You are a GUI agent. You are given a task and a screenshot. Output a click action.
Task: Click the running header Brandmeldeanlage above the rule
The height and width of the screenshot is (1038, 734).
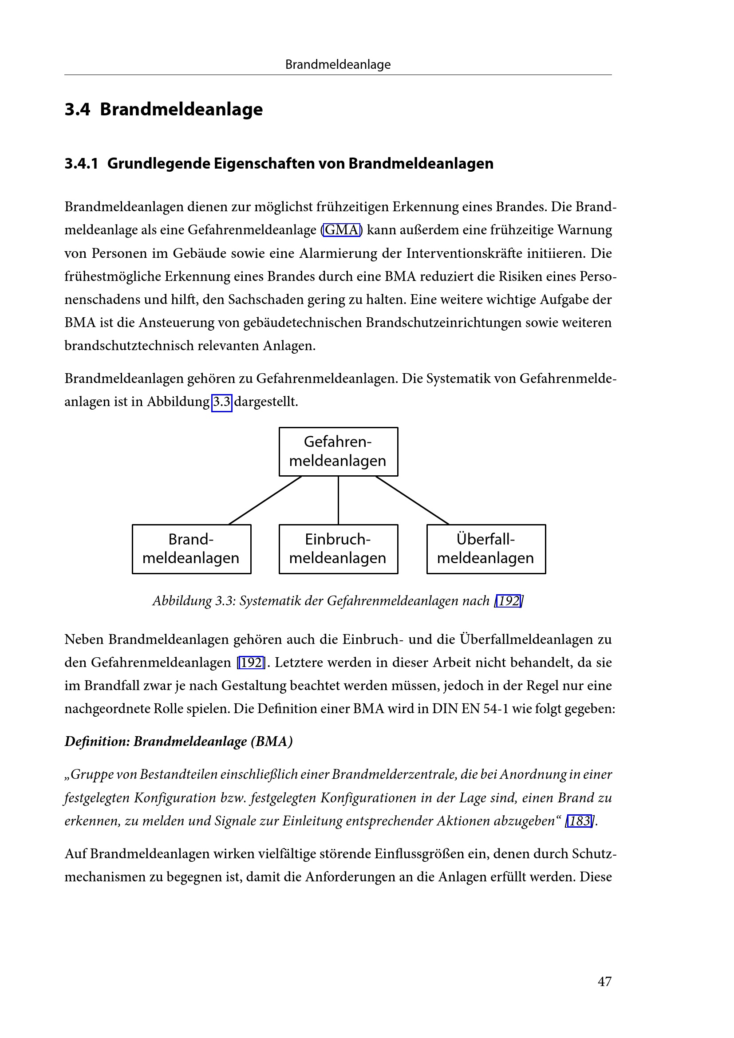[338, 65]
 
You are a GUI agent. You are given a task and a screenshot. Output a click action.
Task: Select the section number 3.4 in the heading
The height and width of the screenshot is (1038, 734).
[77, 110]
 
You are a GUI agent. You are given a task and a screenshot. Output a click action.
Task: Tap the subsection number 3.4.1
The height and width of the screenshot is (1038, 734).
[81, 163]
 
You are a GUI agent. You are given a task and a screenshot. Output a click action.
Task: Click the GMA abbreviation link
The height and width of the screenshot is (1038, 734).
[342, 230]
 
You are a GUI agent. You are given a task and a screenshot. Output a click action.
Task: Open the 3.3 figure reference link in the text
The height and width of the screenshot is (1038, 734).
[221, 402]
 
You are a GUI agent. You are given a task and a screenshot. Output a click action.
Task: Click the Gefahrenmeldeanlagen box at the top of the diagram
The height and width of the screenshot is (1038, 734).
[338, 451]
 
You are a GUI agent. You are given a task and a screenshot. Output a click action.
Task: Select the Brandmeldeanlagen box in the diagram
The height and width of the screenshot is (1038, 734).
[191, 549]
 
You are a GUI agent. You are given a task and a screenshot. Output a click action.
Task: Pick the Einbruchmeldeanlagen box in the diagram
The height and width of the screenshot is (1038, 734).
[338, 549]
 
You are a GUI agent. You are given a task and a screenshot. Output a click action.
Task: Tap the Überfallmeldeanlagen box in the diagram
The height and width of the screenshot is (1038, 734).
[486, 549]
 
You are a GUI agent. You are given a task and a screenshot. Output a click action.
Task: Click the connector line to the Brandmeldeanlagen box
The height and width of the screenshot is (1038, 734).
[265, 500]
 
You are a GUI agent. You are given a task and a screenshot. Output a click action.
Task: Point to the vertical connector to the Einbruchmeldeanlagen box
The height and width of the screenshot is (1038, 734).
[338, 500]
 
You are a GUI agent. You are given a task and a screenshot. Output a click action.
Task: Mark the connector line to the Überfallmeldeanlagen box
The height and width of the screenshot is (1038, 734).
[412, 500]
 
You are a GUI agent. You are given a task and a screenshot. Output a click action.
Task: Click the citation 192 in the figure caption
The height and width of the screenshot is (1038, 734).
[509, 601]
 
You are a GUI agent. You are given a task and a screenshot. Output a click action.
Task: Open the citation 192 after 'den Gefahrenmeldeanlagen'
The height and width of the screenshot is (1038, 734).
[251, 663]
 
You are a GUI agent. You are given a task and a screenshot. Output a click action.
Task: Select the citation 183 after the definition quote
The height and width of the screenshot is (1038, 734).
[580, 821]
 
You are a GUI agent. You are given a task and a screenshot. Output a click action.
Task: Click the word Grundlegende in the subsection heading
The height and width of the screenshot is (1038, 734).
[158, 163]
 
